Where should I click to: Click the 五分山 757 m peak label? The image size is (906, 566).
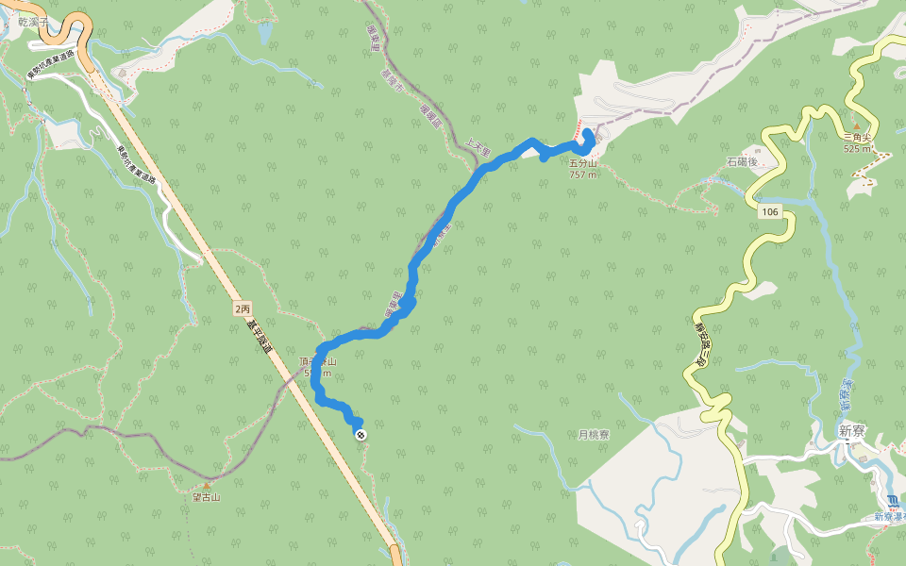[x=583, y=169]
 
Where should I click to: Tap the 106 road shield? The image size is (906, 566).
[x=770, y=212]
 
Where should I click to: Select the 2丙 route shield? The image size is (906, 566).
[x=243, y=308]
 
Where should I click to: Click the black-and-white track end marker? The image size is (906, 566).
[x=361, y=434]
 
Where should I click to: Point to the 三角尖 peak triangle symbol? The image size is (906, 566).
[x=857, y=125]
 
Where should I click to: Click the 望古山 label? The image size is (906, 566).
[x=206, y=497]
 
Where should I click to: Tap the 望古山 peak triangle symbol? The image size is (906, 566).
[x=206, y=486]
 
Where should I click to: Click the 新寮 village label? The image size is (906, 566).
[x=851, y=430]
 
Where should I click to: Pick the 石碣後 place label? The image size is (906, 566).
[x=743, y=162]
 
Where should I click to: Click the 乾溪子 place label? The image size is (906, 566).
[x=33, y=22]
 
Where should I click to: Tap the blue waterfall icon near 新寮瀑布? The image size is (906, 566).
[x=892, y=501]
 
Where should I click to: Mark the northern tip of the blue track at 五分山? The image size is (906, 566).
[x=587, y=131]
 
